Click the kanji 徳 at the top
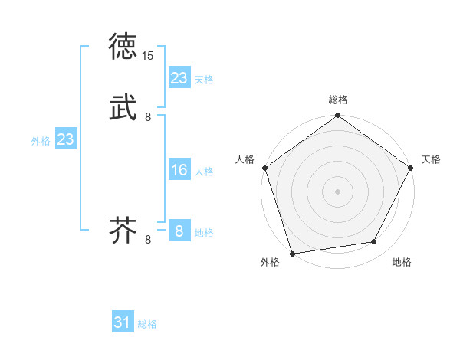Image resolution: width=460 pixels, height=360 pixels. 124,47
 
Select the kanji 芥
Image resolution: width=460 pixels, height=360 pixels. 124,231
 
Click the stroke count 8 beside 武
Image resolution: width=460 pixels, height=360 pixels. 148,117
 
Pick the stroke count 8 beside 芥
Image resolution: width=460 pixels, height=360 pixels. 148,240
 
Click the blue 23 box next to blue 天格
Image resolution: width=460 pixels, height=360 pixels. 179,78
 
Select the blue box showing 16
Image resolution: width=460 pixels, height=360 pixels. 179,170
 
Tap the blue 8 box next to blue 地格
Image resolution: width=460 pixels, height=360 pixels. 179,231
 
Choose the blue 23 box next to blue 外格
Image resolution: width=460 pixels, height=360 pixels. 65,139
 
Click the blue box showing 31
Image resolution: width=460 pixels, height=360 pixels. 123,323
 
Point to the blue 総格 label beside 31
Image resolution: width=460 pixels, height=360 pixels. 147,325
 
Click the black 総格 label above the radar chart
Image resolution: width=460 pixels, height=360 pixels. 337,100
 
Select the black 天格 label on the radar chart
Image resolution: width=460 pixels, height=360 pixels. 431,159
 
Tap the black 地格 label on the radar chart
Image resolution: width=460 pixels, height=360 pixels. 402,263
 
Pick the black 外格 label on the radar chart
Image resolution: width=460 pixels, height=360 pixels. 270,263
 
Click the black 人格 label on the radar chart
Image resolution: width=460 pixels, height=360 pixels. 245,159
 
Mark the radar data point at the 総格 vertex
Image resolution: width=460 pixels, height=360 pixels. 337,116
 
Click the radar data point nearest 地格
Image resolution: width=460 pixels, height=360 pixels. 374,242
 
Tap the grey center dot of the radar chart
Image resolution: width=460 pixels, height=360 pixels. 337,191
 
